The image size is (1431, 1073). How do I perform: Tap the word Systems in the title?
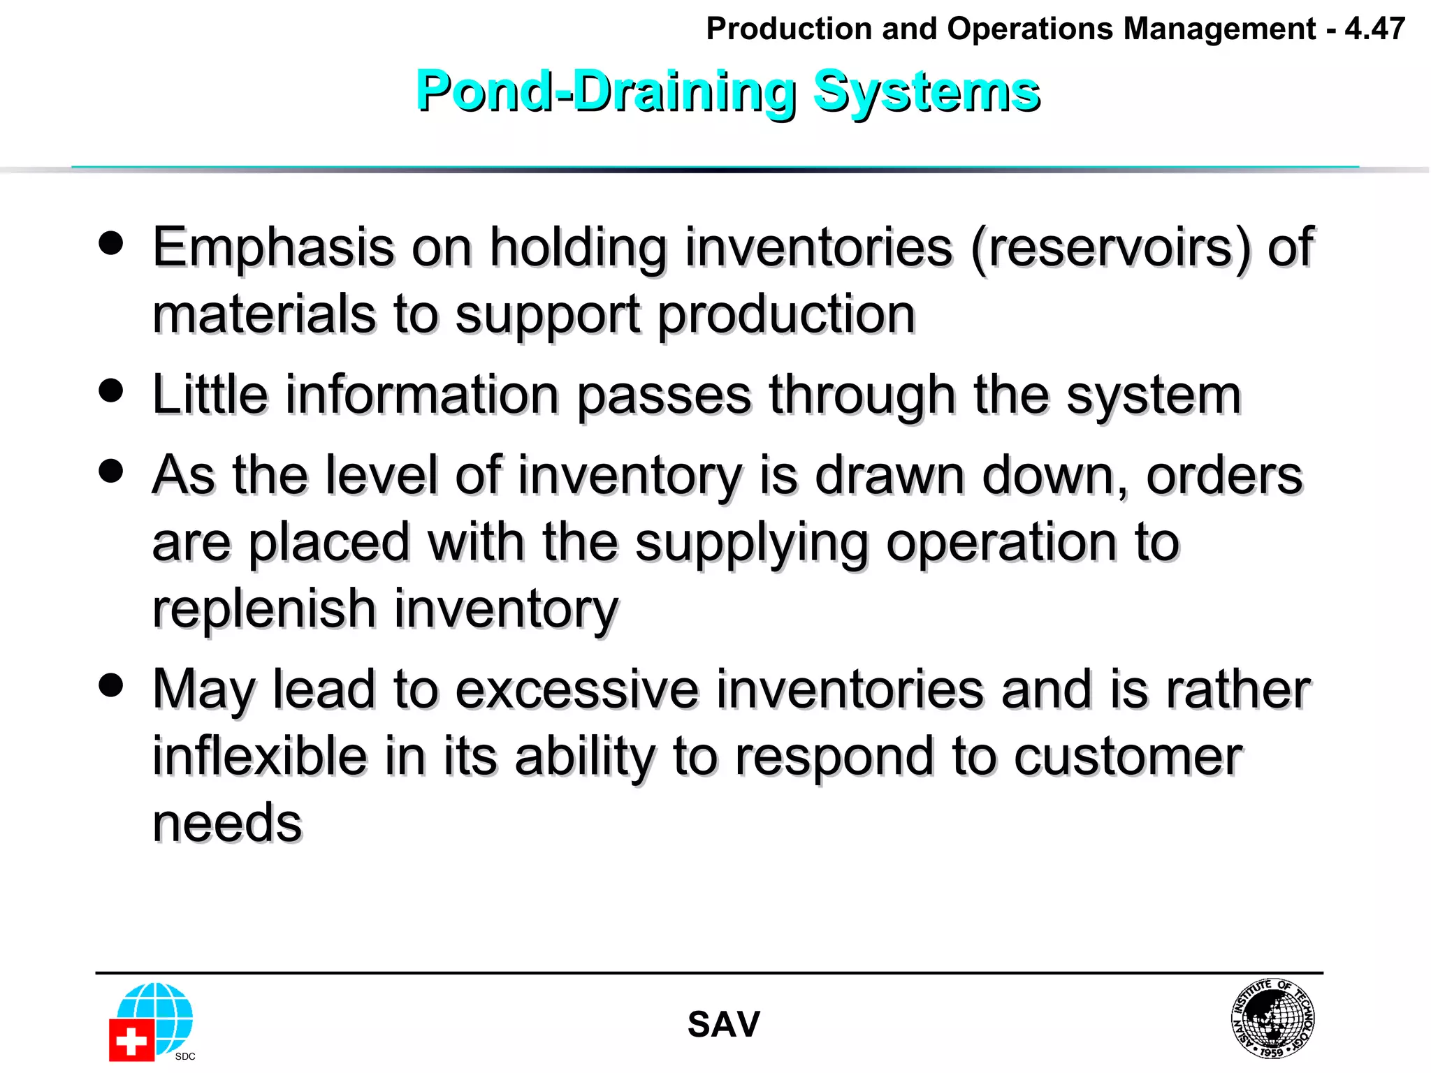[927, 92]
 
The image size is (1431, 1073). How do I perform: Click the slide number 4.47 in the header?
[1374, 29]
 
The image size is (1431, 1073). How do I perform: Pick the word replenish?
[263, 608]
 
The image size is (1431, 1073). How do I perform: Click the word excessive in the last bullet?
[576, 689]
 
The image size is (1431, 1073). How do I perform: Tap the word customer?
[1128, 757]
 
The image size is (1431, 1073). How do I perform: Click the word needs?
[227, 823]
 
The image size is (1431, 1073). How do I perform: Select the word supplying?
[752, 543]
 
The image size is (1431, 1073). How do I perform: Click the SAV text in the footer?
[723, 1025]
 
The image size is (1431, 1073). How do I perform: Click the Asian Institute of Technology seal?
[1272, 1018]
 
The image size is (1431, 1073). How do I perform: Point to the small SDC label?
[185, 1056]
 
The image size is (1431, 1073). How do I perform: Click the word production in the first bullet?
[786, 315]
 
